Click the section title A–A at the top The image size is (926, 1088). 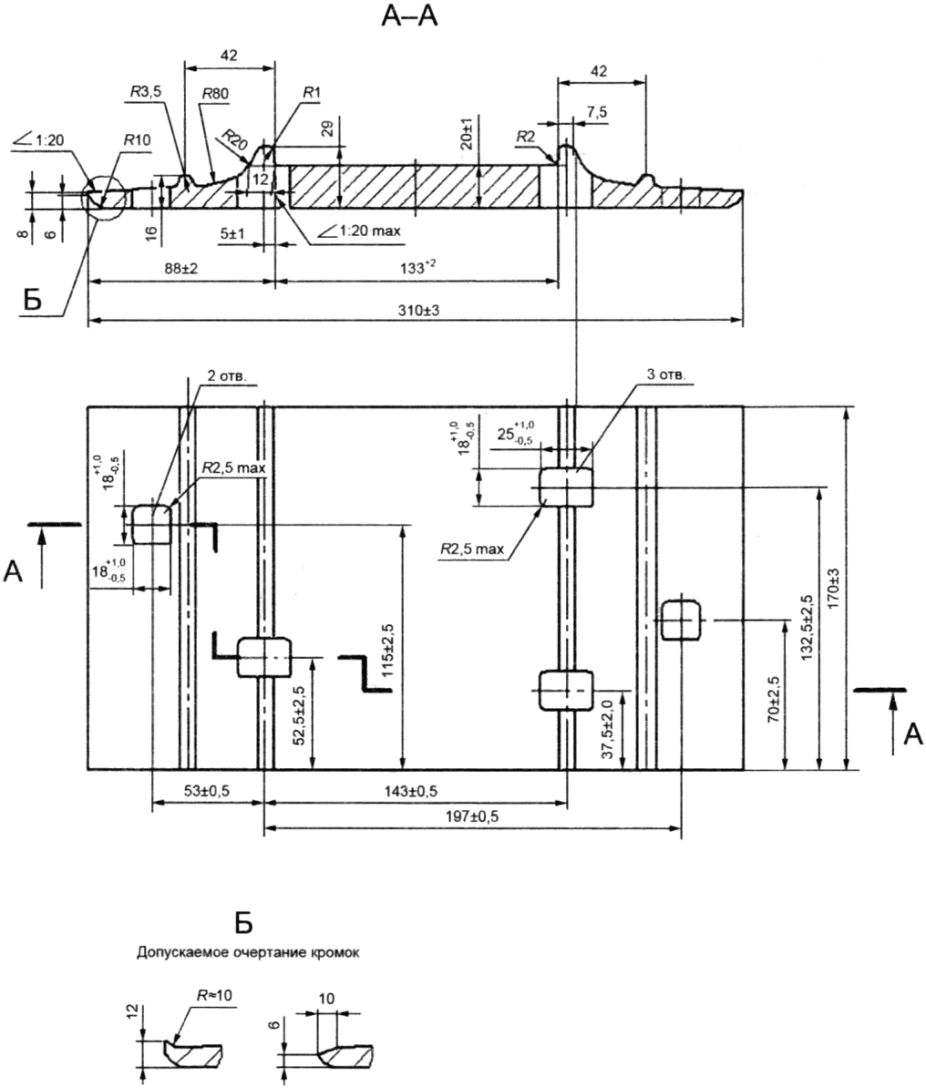pos(409,16)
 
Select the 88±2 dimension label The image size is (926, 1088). pos(177,269)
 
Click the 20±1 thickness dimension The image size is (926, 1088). pos(470,132)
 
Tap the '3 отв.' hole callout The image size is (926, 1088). pos(665,374)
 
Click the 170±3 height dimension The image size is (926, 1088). pos(834,589)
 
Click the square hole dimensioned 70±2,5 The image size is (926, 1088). pos(681,620)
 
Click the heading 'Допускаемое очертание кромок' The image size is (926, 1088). pos(247,953)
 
